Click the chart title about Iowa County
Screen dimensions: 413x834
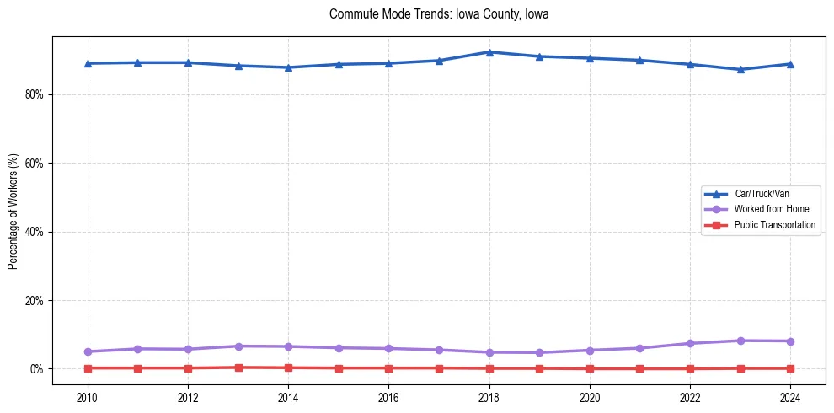pos(439,14)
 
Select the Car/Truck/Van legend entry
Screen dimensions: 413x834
pos(762,194)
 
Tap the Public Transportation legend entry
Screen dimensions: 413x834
pos(774,225)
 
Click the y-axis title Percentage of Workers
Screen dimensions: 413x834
pos(13,211)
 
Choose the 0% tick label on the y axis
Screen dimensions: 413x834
pos(36,369)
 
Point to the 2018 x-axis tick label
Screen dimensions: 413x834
pos(489,397)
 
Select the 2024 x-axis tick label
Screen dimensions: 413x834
pos(790,397)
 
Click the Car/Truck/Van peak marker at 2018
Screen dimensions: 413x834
pos(489,52)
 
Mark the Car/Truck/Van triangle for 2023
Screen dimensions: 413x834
pos(740,69)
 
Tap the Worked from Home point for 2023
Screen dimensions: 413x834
pos(740,341)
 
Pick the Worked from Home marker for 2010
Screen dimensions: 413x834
pos(88,351)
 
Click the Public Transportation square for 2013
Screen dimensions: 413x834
pos(238,367)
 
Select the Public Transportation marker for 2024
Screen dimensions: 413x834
pos(790,368)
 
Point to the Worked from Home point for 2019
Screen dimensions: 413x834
pos(540,352)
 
